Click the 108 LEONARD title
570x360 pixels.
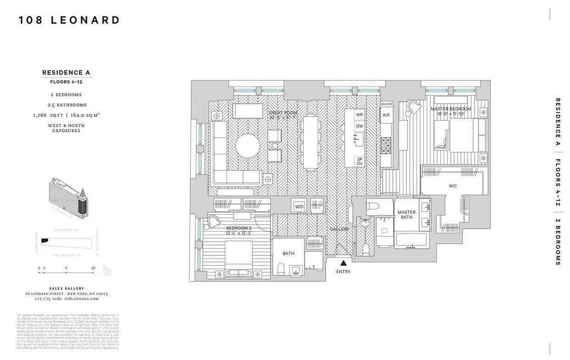[x=69, y=20]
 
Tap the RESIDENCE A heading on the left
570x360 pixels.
[x=67, y=72]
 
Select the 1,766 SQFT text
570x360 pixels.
[x=47, y=115]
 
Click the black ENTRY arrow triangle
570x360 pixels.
[x=343, y=263]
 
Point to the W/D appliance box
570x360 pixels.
[x=299, y=207]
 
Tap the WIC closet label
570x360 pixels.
[x=453, y=185]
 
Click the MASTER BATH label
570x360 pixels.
[x=407, y=215]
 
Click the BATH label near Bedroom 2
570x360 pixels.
[x=288, y=253]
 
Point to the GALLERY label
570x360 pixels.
[x=339, y=229]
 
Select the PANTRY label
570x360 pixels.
[x=387, y=104]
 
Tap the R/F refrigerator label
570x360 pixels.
[x=386, y=115]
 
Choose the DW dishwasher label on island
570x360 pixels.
[x=359, y=126]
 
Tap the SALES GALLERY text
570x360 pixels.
[x=67, y=288]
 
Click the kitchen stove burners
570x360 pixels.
[x=386, y=144]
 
